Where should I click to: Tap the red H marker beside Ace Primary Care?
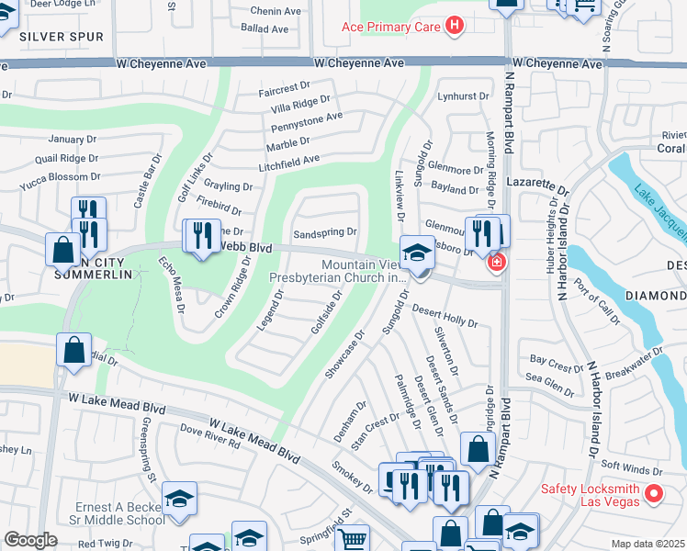click(x=452, y=27)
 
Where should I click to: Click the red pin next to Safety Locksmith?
click(x=654, y=493)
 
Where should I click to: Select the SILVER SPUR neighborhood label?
click(x=61, y=36)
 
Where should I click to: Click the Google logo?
click(x=30, y=540)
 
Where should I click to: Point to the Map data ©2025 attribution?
click(x=648, y=544)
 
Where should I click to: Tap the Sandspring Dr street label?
click(x=324, y=231)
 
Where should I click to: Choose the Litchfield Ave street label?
click(x=288, y=159)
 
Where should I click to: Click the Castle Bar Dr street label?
click(x=146, y=181)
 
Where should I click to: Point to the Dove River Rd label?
click(x=209, y=436)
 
